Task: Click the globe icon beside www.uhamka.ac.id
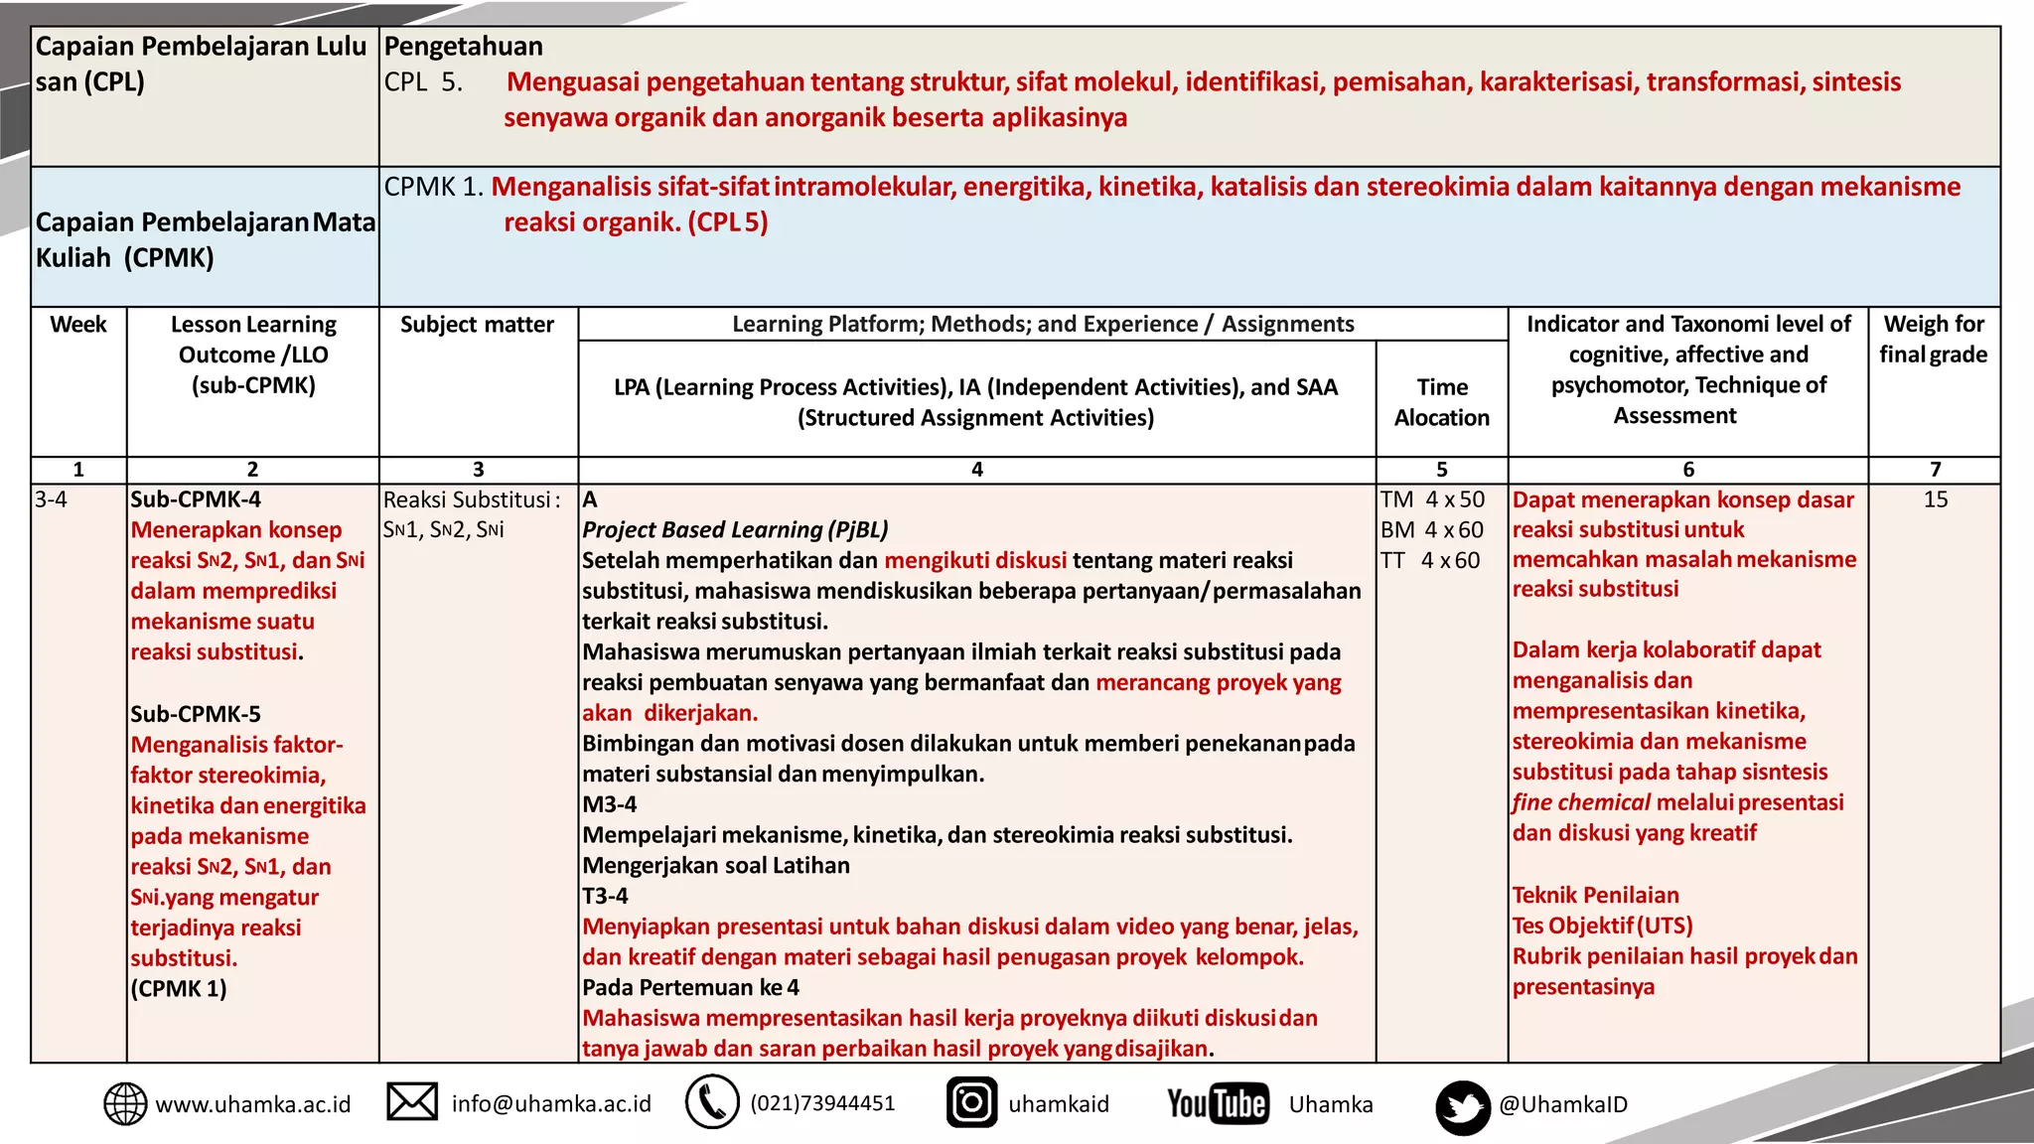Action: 125,1104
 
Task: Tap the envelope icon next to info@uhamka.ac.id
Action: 412,1102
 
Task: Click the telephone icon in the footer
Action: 712,1102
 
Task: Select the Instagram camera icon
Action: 971,1102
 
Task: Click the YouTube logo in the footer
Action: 1218,1103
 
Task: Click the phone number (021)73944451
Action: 822,1103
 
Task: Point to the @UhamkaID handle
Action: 1563,1104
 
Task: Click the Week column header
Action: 78,325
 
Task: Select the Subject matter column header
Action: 477,325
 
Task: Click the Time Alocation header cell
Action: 1441,402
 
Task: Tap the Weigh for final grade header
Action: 1933,340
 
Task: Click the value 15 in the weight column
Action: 1935,500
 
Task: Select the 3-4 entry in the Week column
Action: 52,500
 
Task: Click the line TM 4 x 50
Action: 1432,500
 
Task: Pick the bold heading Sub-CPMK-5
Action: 196,714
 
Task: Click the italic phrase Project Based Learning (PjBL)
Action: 735,530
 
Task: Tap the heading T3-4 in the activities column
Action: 605,896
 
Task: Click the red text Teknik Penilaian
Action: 1595,895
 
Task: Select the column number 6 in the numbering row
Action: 1687,470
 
